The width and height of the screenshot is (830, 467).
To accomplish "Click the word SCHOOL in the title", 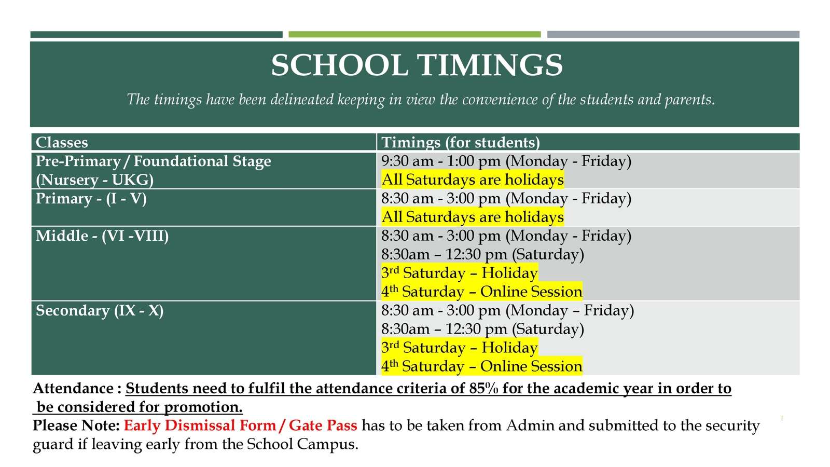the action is point(339,65).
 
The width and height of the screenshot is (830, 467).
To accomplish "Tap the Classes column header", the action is point(62,142).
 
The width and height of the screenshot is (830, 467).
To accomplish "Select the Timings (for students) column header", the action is point(461,143).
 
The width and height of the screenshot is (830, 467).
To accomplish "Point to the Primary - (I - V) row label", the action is point(91,199).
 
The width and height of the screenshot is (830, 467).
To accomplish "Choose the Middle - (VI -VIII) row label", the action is point(102,236).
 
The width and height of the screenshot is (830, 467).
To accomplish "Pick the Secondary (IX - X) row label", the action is point(100,311).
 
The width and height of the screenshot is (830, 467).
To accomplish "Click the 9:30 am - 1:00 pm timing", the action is point(441,161).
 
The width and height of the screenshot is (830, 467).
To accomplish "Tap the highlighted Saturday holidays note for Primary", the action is point(473,217).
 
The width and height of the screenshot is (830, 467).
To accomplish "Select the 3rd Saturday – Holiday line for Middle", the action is point(460,273).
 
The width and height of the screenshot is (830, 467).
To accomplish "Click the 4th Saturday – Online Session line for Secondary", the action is point(482,366).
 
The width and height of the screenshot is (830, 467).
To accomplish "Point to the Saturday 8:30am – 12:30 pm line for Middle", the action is point(482,255).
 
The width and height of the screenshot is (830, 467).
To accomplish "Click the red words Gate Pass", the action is point(323,425).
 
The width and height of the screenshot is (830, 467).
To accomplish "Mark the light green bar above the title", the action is point(414,34).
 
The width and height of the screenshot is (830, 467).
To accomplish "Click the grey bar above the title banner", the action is point(673,34).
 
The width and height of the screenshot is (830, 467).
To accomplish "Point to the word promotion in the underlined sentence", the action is point(203,407).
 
